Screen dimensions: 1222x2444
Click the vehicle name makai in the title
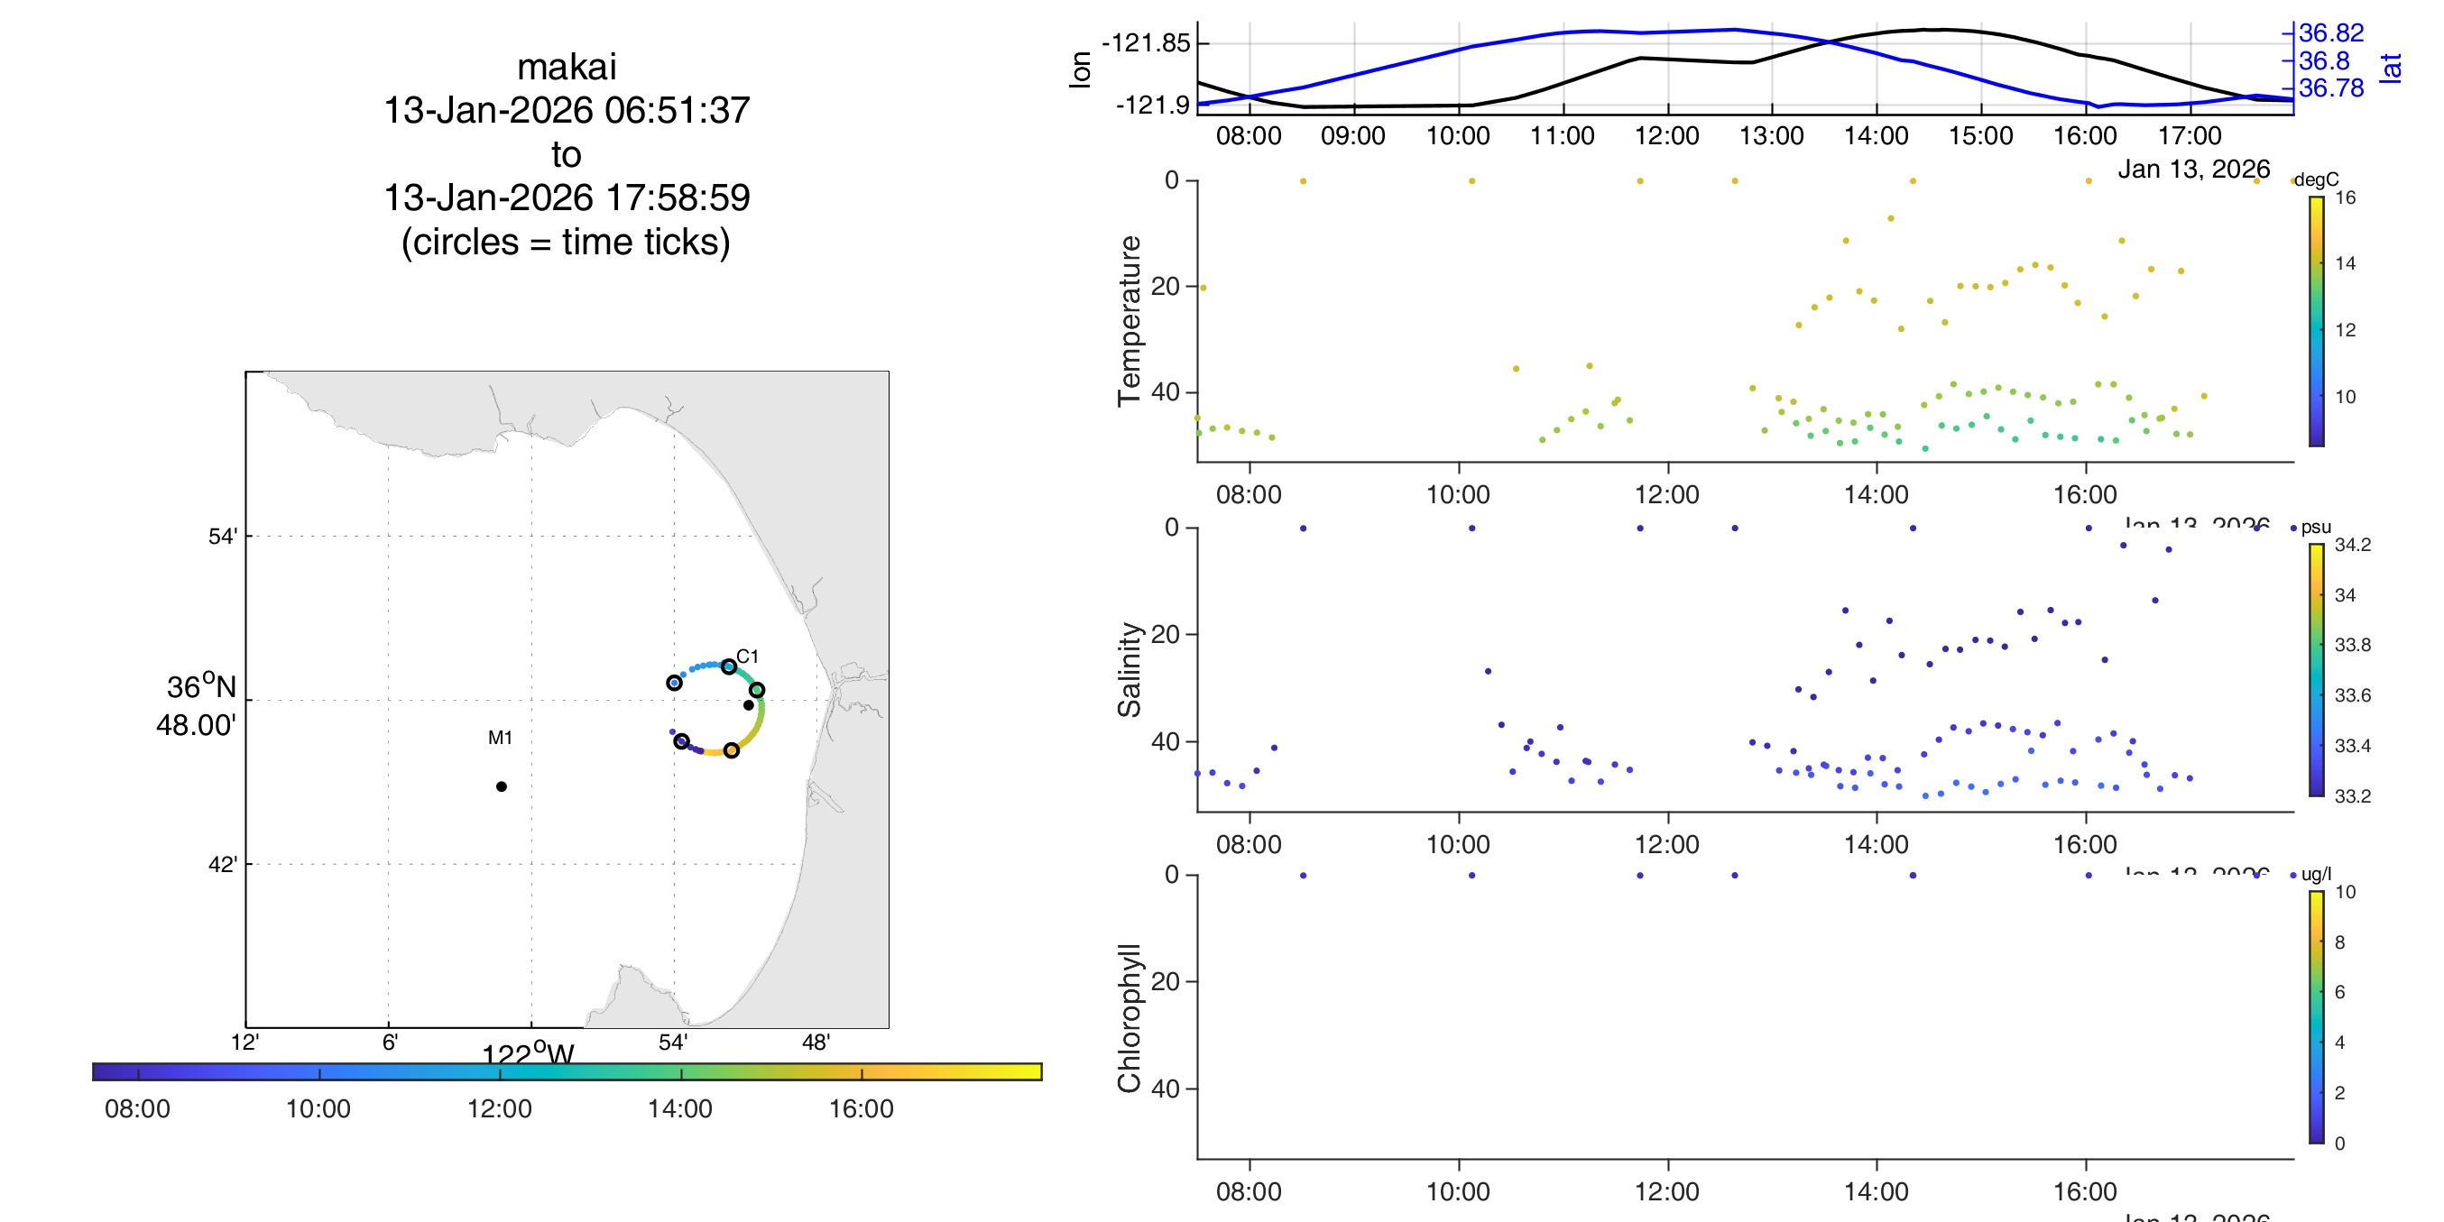567,68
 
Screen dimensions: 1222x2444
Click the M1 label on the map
500,737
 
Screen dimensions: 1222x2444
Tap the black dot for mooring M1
501,786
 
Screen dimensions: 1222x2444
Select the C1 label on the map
748,657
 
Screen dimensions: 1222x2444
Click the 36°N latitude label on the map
200,687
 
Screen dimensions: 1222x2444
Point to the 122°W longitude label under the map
528,1053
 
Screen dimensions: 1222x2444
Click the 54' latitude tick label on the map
222,537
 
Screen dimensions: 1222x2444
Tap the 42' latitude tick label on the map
222,864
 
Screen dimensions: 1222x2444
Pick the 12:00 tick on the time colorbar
499,1108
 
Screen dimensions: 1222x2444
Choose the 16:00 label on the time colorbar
861,1108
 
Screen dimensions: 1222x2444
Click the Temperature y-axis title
1129,321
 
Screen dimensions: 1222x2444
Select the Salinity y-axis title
1129,669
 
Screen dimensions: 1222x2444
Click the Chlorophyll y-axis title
1129,1018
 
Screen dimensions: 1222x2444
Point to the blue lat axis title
2391,68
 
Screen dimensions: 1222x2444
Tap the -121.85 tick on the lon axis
1145,43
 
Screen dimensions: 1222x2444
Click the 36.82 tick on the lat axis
2331,33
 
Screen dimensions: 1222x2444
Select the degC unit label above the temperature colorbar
2316,179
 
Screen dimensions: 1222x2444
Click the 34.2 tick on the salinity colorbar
2352,545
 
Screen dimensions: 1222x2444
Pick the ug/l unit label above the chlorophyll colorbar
2316,874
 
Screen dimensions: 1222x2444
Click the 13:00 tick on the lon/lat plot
1771,135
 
